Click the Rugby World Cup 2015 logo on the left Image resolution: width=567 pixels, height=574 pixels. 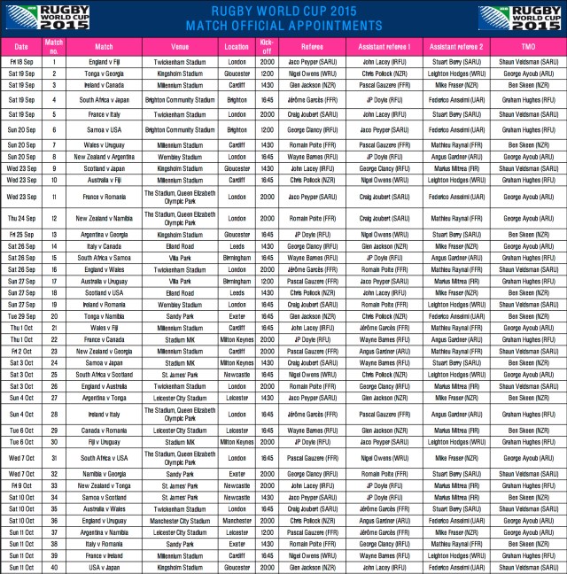click(35, 18)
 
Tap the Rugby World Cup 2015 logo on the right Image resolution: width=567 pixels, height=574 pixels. click(532, 18)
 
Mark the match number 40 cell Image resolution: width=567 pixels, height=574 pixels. click(53, 566)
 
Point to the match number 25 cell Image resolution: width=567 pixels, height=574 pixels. click(53, 374)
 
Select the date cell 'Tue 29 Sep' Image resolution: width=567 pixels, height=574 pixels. click(22, 315)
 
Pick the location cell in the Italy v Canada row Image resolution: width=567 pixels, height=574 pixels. click(237, 246)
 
